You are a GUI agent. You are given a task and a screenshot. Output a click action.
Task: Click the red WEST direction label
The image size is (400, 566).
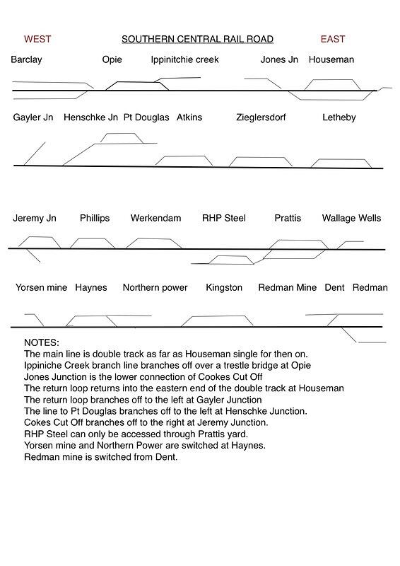click(37, 39)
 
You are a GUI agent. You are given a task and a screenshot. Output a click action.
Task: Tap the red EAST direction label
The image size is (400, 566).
click(333, 39)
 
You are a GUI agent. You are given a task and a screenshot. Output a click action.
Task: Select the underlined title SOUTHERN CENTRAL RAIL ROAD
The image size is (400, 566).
click(197, 39)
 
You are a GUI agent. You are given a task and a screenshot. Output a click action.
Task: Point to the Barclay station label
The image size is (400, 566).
click(26, 59)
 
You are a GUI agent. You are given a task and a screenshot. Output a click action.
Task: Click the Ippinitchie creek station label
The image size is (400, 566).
click(185, 59)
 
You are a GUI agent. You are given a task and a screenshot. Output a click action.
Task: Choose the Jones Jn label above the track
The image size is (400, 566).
click(279, 59)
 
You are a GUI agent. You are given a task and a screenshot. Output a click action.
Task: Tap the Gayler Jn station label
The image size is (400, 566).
click(33, 117)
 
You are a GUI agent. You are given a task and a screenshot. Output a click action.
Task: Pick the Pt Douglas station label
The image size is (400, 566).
click(146, 117)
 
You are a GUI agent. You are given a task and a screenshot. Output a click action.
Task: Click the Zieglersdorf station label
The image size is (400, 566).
click(261, 117)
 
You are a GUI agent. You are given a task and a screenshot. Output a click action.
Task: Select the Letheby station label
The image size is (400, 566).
click(339, 117)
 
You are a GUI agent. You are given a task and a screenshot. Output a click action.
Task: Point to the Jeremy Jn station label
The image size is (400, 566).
click(35, 218)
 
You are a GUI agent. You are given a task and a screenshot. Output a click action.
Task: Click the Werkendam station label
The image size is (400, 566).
click(155, 218)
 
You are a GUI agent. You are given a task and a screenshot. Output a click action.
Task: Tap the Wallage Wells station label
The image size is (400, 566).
click(351, 218)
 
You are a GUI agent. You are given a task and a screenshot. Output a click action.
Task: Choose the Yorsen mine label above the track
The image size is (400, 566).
click(41, 287)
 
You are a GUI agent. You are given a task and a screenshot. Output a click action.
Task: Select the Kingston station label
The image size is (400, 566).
click(224, 287)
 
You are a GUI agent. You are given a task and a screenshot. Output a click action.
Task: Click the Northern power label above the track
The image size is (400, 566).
click(155, 287)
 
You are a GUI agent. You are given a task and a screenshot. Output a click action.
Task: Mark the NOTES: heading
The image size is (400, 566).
click(42, 342)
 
